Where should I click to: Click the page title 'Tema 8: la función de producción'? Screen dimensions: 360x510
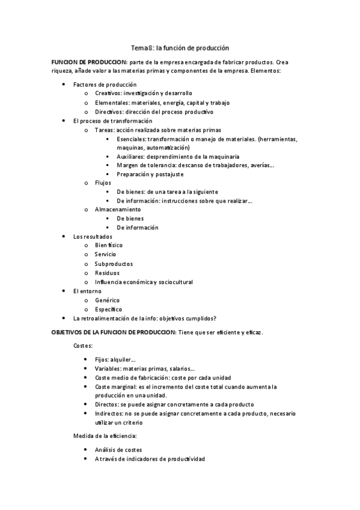(x=180, y=47)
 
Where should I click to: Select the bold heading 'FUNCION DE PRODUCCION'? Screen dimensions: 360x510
(x=89, y=62)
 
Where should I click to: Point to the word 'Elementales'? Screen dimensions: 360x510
(x=112, y=102)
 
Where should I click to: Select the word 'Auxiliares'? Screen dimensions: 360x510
(x=132, y=156)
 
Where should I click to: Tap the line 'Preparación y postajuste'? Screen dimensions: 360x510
(x=150, y=174)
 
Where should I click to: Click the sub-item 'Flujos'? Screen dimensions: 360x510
(x=103, y=183)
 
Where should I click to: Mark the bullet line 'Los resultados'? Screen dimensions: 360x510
(x=93, y=236)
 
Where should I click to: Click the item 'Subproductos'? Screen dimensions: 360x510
(x=114, y=263)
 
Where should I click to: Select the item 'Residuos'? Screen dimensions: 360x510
(x=107, y=272)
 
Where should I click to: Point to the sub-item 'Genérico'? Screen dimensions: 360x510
(x=107, y=300)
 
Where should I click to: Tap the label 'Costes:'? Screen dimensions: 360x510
(x=83, y=346)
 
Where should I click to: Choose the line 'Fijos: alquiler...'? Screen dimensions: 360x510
(x=115, y=359)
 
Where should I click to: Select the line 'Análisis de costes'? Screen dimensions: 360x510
(x=118, y=449)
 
